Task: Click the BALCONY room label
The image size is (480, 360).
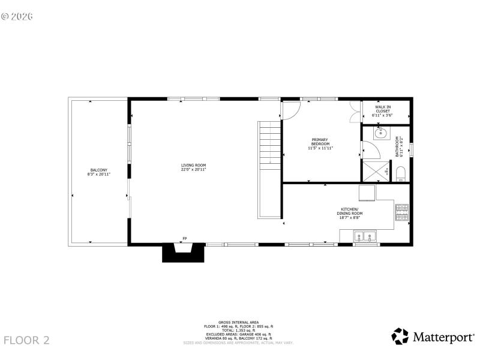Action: (x=99, y=172)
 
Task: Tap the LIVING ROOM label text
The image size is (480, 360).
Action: (x=194, y=167)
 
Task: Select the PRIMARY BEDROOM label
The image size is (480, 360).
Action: (x=320, y=144)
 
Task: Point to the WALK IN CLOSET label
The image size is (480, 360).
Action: (x=383, y=110)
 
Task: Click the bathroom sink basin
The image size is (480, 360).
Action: (x=379, y=133)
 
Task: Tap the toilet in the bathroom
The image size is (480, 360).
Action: (x=401, y=174)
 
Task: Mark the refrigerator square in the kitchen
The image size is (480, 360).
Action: (x=367, y=193)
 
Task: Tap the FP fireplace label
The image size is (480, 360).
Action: (x=184, y=239)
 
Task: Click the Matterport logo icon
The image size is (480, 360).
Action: (x=400, y=336)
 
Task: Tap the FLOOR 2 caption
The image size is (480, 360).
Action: (x=27, y=340)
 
